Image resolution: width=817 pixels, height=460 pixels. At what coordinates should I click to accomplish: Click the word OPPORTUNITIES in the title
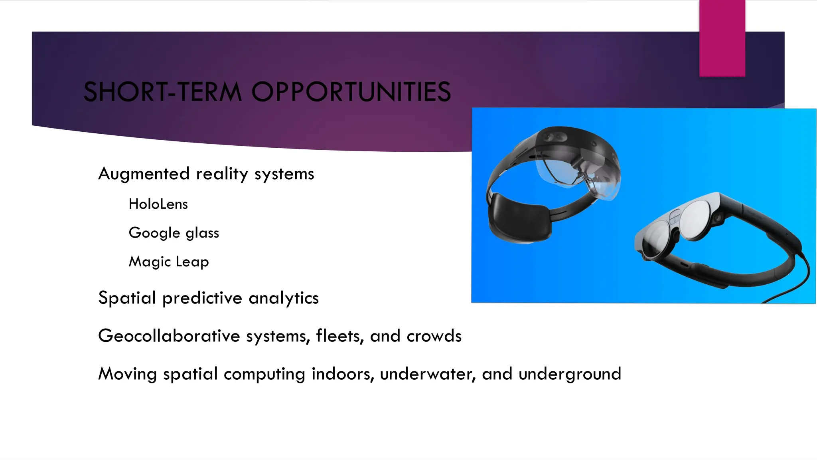pyautogui.click(x=351, y=92)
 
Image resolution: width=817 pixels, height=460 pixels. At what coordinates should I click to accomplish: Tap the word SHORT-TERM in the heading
pyautogui.click(x=163, y=92)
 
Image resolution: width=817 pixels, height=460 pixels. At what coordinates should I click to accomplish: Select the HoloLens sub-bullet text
pyautogui.click(x=158, y=204)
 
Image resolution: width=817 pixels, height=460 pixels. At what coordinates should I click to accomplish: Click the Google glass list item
pyautogui.click(x=174, y=233)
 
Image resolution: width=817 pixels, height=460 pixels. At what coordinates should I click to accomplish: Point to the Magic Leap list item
pyautogui.click(x=169, y=262)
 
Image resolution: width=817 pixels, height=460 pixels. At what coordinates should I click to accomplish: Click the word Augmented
pyautogui.click(x=144, y=174)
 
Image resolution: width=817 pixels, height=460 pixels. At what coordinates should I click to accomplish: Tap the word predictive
pyautogui.click(x=202, y=298)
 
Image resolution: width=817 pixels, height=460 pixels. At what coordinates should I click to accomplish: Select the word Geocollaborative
pyautogui.click(x=169, y=336)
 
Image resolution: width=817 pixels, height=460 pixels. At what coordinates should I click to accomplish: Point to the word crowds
pyautogui.click(x=434, y=336)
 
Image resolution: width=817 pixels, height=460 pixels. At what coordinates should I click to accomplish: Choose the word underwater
pyautogui.click(x=428, y=374)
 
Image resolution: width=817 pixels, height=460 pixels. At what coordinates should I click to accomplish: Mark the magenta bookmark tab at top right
pyautogui.click(x=722, y=38)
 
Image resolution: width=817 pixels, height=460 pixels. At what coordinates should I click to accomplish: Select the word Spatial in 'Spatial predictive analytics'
pyautogui.click(x=127, y=298)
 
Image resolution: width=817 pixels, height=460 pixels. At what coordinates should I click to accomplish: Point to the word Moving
pyautogui.click(x=128, y=374)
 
